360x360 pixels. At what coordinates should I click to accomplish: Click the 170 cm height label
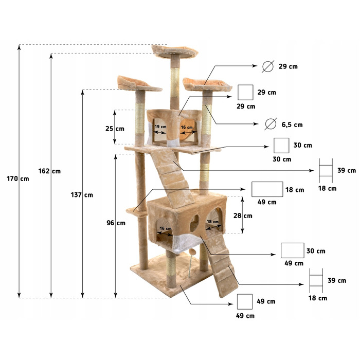18,178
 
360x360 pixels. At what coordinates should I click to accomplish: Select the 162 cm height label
49,171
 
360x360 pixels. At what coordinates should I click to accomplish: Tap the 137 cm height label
82,195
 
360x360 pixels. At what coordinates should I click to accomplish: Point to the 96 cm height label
116,223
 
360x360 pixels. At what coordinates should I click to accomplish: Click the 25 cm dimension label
115,129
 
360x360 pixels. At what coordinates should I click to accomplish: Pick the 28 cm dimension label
243,216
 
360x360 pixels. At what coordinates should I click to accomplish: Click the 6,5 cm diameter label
292,124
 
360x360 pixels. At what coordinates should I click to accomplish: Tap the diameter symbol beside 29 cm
268,66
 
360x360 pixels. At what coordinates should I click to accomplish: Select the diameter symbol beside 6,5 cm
271,124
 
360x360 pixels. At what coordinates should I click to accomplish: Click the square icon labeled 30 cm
281,146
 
